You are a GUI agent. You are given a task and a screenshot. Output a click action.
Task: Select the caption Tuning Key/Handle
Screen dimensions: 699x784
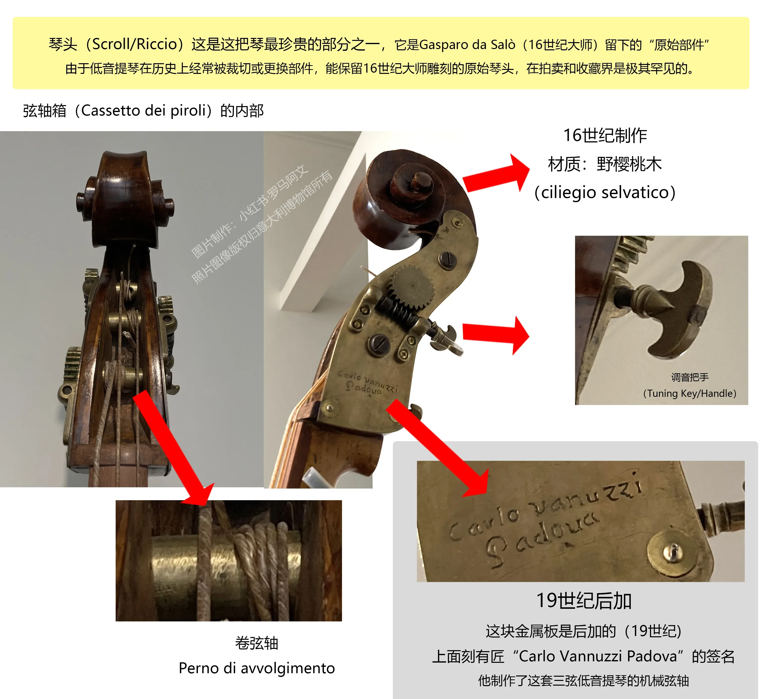690,393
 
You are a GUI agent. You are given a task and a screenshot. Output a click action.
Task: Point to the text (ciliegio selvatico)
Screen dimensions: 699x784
605,192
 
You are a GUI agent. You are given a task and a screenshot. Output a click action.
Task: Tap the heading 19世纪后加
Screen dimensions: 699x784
584,601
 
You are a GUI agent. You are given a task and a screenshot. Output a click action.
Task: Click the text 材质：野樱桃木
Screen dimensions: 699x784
605,164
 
